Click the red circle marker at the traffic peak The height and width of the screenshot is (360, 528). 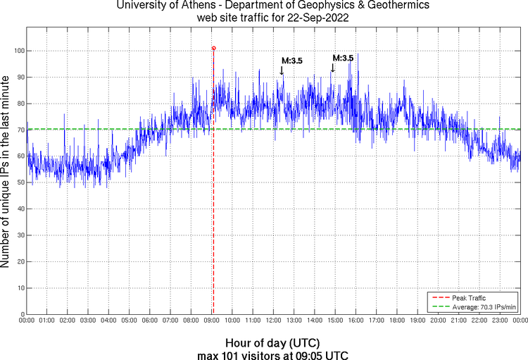pos(213,49)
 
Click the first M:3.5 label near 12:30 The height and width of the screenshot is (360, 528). pos(292,61)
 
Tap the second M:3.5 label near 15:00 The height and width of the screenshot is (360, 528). pos(343,58)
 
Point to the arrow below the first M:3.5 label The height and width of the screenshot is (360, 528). pos(282,70)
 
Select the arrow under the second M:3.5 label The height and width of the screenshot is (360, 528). pos(332,68)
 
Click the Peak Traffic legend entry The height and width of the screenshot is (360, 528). pos(469,298)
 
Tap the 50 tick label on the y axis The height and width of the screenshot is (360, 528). pos(20,182)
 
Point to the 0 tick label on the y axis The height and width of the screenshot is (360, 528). pos(23,314)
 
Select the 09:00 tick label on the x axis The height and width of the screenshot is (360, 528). pos(212,321)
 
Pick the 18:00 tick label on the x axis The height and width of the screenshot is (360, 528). pos(397,321)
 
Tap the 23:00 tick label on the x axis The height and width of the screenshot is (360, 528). pos(500,321)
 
